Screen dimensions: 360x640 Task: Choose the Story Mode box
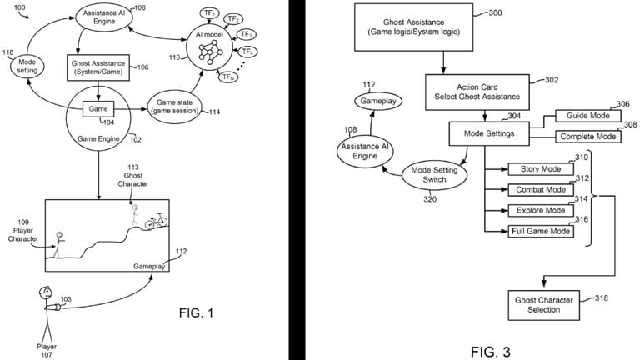pyautogui.click(x=541, y=170)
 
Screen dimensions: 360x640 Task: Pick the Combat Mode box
pyautogui.click(x=541, y=190)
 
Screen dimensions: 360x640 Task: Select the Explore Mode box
pyautogui.click(x=541, y=210)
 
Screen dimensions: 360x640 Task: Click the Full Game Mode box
pyautogui.click(x=541, y=231)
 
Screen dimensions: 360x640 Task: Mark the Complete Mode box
pyautogui.click(x=587, y=136)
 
